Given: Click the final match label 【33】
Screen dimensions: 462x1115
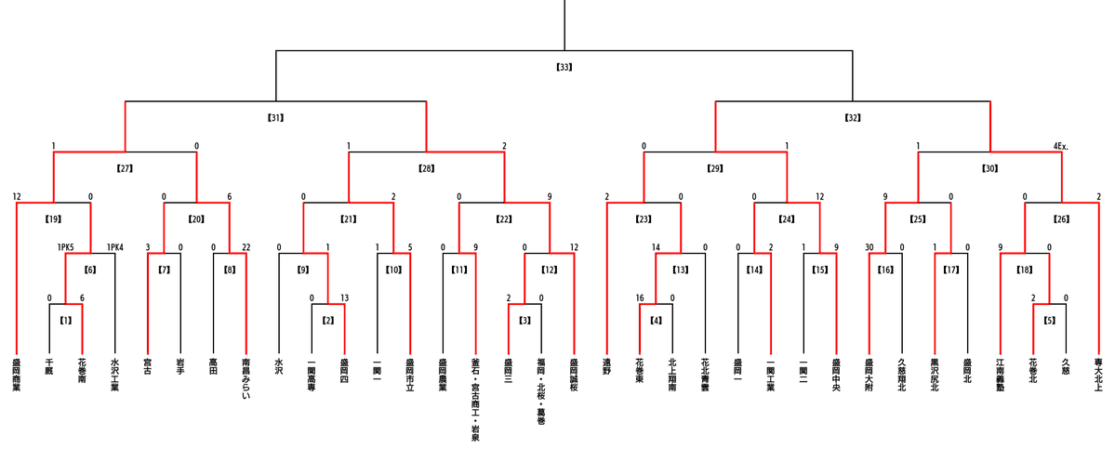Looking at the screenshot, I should [564, 67].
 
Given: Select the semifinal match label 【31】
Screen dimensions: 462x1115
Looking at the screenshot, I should [275, 118].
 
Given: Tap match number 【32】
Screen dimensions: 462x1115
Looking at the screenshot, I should [853, 118].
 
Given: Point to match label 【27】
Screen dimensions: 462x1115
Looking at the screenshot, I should [126, 168].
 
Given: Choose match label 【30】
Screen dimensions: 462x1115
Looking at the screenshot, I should [990, 168].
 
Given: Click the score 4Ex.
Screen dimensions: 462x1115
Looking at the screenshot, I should [1061, 146].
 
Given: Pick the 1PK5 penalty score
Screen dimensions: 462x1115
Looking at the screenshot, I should [66, 246].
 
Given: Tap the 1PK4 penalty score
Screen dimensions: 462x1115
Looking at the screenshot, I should [115, 246].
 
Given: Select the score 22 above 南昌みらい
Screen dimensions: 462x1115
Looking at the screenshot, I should [246, 246].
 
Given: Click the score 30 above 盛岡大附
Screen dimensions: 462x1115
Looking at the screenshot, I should [869, 246].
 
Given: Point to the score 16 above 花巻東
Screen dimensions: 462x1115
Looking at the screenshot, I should [640, 297].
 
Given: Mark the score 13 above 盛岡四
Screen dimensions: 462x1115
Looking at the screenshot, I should [345, 297].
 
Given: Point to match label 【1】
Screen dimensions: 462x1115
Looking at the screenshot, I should [66, 320].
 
